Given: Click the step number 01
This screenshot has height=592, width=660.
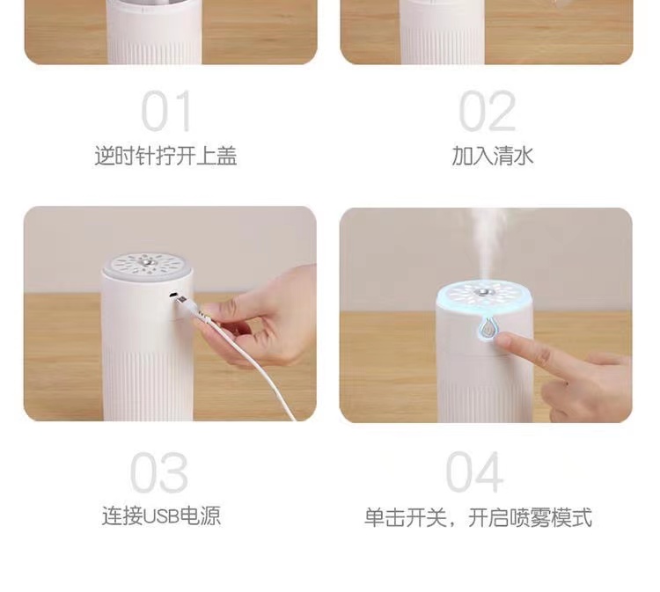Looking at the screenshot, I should [166, 112].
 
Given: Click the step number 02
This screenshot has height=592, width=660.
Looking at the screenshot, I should [487, 112].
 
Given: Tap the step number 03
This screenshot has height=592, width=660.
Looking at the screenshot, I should [159, 473].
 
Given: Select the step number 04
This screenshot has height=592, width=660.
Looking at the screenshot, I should [474, 473].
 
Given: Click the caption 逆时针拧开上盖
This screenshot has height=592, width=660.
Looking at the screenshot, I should [165, 157].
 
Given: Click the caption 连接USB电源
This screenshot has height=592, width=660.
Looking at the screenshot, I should [161, 516].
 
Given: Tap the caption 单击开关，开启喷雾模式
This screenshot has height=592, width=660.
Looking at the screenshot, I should [478, 516].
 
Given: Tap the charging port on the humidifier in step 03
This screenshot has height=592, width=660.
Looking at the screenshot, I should [175, 295].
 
